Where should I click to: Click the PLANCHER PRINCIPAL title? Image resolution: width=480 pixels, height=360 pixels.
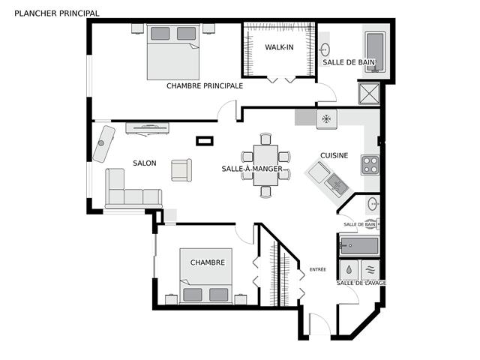tap(57, 13)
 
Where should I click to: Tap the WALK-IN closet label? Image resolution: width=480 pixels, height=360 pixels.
tap(279, 47)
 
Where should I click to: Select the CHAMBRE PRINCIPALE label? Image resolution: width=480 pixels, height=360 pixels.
tap(205, 85)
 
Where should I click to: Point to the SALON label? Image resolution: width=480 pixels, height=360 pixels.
tap(145, 163)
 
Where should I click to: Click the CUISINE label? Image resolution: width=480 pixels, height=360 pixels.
tap(334, 155)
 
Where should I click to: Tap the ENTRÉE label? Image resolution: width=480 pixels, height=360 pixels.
tap(318, 269)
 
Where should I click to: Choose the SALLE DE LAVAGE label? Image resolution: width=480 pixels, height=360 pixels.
tap(361, 283)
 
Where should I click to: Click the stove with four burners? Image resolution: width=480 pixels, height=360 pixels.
tap(370, 165)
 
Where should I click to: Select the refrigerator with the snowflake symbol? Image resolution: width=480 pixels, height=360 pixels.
tap(327, 118)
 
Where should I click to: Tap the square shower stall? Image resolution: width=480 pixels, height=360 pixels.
tap(369, 93)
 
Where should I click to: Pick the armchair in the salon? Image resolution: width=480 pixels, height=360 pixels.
tap(181, 170)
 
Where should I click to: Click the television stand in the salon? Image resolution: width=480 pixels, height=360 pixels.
tap(147, 128)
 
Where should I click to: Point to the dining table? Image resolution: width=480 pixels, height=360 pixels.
tap(265, 165)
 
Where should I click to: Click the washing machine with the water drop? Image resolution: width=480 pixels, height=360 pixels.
tap(349, 270)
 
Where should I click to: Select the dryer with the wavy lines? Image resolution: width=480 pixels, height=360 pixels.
tap(370, 270)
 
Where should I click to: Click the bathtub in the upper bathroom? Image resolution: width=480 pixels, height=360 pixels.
tap(375, 52)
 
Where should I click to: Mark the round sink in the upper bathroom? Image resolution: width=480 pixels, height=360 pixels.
tap(325, 49)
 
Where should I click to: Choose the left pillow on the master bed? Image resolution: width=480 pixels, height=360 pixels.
tap(160, 33)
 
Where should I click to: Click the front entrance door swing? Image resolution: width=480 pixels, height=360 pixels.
tap(320, 324)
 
